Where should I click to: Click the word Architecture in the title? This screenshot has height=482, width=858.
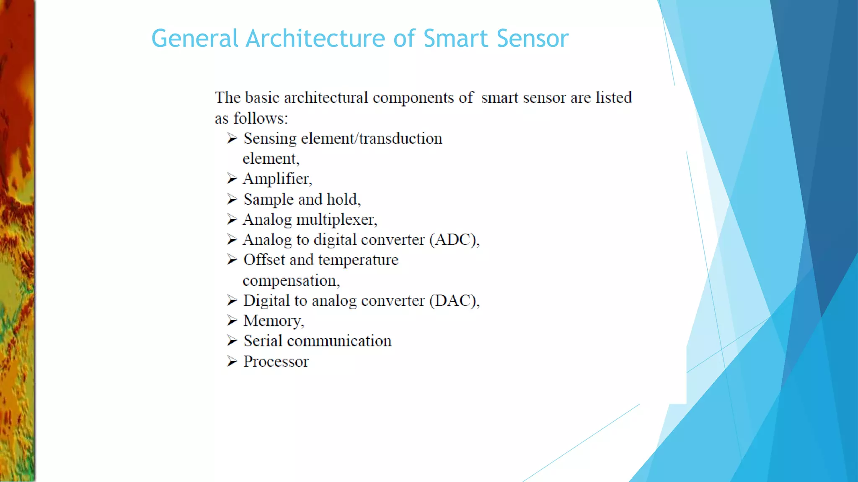[315, 38]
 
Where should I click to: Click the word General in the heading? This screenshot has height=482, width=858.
[195, 38]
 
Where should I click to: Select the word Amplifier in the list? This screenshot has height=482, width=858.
[277, 179]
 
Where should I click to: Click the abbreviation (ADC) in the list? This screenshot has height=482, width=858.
[455, 240]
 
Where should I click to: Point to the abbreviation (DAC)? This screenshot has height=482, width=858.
[455, 301]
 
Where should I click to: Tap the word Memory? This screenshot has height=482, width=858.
[273, 321]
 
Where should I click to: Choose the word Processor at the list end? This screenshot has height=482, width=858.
[276, 361]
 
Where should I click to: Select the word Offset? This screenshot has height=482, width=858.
[264, 260]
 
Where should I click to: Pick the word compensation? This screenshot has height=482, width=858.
[291, 281]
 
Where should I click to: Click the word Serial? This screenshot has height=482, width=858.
[263, 341]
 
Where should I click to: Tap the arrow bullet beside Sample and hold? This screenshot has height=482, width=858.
[232, 199]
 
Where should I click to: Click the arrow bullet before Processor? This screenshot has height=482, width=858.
[232, 361]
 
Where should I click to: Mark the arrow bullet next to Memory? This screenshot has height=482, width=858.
[232, 320]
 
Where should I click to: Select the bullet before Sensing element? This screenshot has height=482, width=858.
[232, 138]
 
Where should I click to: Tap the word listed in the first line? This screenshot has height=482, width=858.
[614, 97]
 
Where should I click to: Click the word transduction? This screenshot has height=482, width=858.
[401, 138]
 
